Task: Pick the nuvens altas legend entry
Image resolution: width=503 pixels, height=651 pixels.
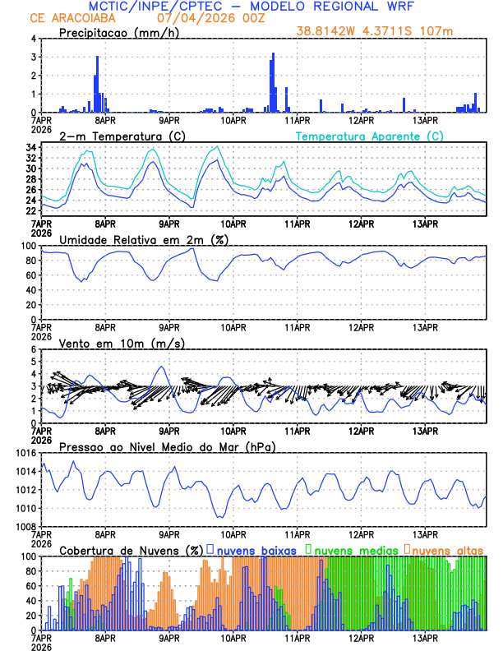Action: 447,549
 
